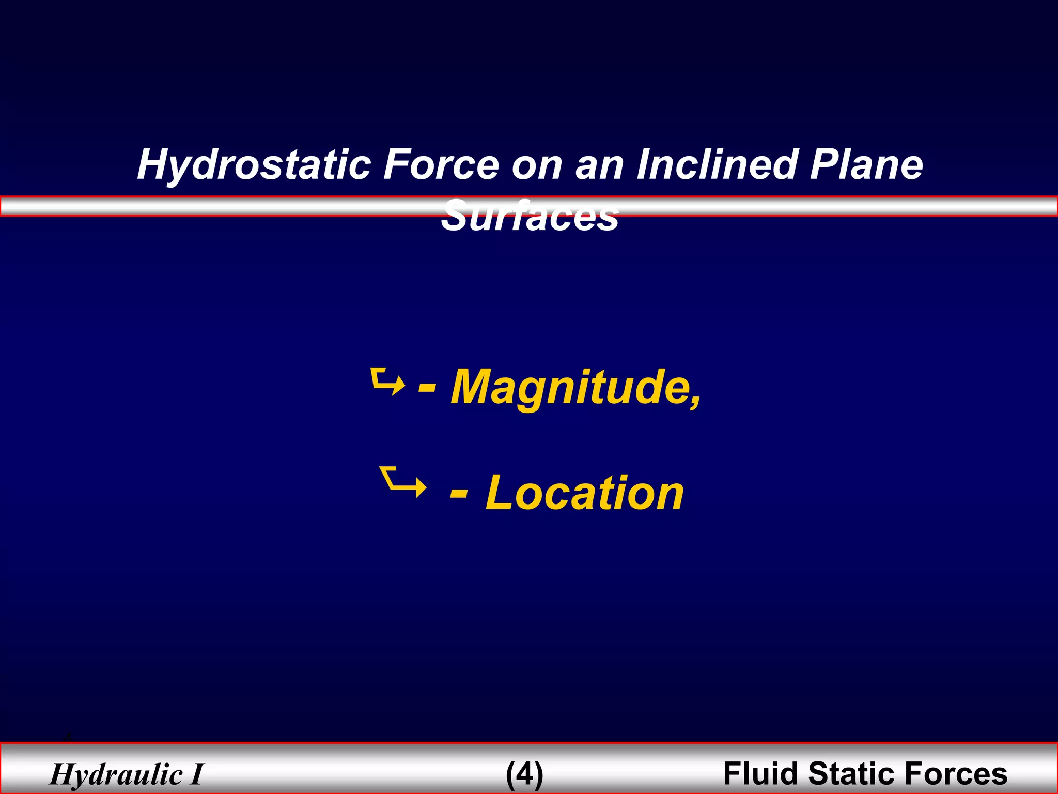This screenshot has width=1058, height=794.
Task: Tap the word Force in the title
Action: coord(440,164)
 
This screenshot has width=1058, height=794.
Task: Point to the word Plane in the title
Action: coord(866,164)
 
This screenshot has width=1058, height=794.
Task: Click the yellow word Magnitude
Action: coord(571,388)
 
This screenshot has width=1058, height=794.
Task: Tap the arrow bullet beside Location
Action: coord(402,482)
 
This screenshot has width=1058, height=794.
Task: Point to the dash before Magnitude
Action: coord(427,388)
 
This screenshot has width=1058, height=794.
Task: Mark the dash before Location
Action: coord(459,493)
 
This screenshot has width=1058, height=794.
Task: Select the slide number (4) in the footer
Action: coord(524,774)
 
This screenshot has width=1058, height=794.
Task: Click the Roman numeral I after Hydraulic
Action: coord(196,774)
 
